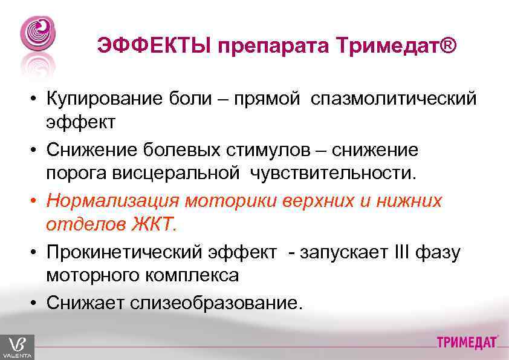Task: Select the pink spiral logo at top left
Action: click(x=37, y=33)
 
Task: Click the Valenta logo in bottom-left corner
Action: click(x=17, y=347)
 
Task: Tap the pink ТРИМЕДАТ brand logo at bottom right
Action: click(x=467, y=343)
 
